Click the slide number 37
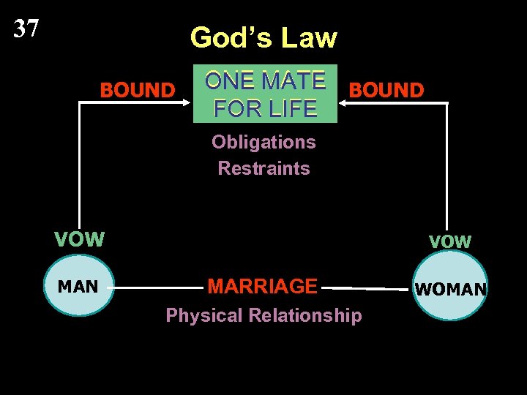pyautogui.click(x=26, y=29)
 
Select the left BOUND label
pyautogui.click(x=138, y=91)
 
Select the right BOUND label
pyautogui.click(x=386, y=91)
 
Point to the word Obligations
pyautogui.click(x=263, y=142)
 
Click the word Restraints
pyautogui.click(x=263, y=168)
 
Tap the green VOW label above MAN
pyautogui.click(x=80, y=239)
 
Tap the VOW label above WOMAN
pyautogui.click(x=450, y=241)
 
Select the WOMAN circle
pyautogui.click(x=450, y=289)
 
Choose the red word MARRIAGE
pyautogui.click(x=262, y=286)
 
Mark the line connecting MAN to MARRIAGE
pyautogui.click(x=157, y=287)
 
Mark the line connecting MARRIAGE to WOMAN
pyautogui.click(x=366, y=289)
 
